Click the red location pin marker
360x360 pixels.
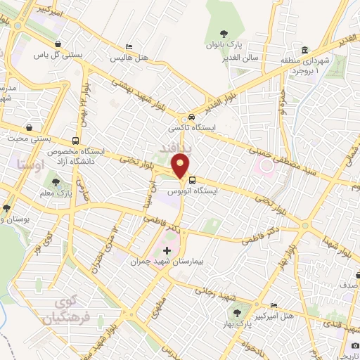coord(181,165)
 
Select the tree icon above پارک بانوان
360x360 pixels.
coord(224,32)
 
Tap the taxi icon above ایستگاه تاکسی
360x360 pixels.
coord(191,117)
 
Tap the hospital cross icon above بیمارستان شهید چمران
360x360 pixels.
coord(167,250)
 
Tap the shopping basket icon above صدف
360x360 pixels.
coord(345,276)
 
